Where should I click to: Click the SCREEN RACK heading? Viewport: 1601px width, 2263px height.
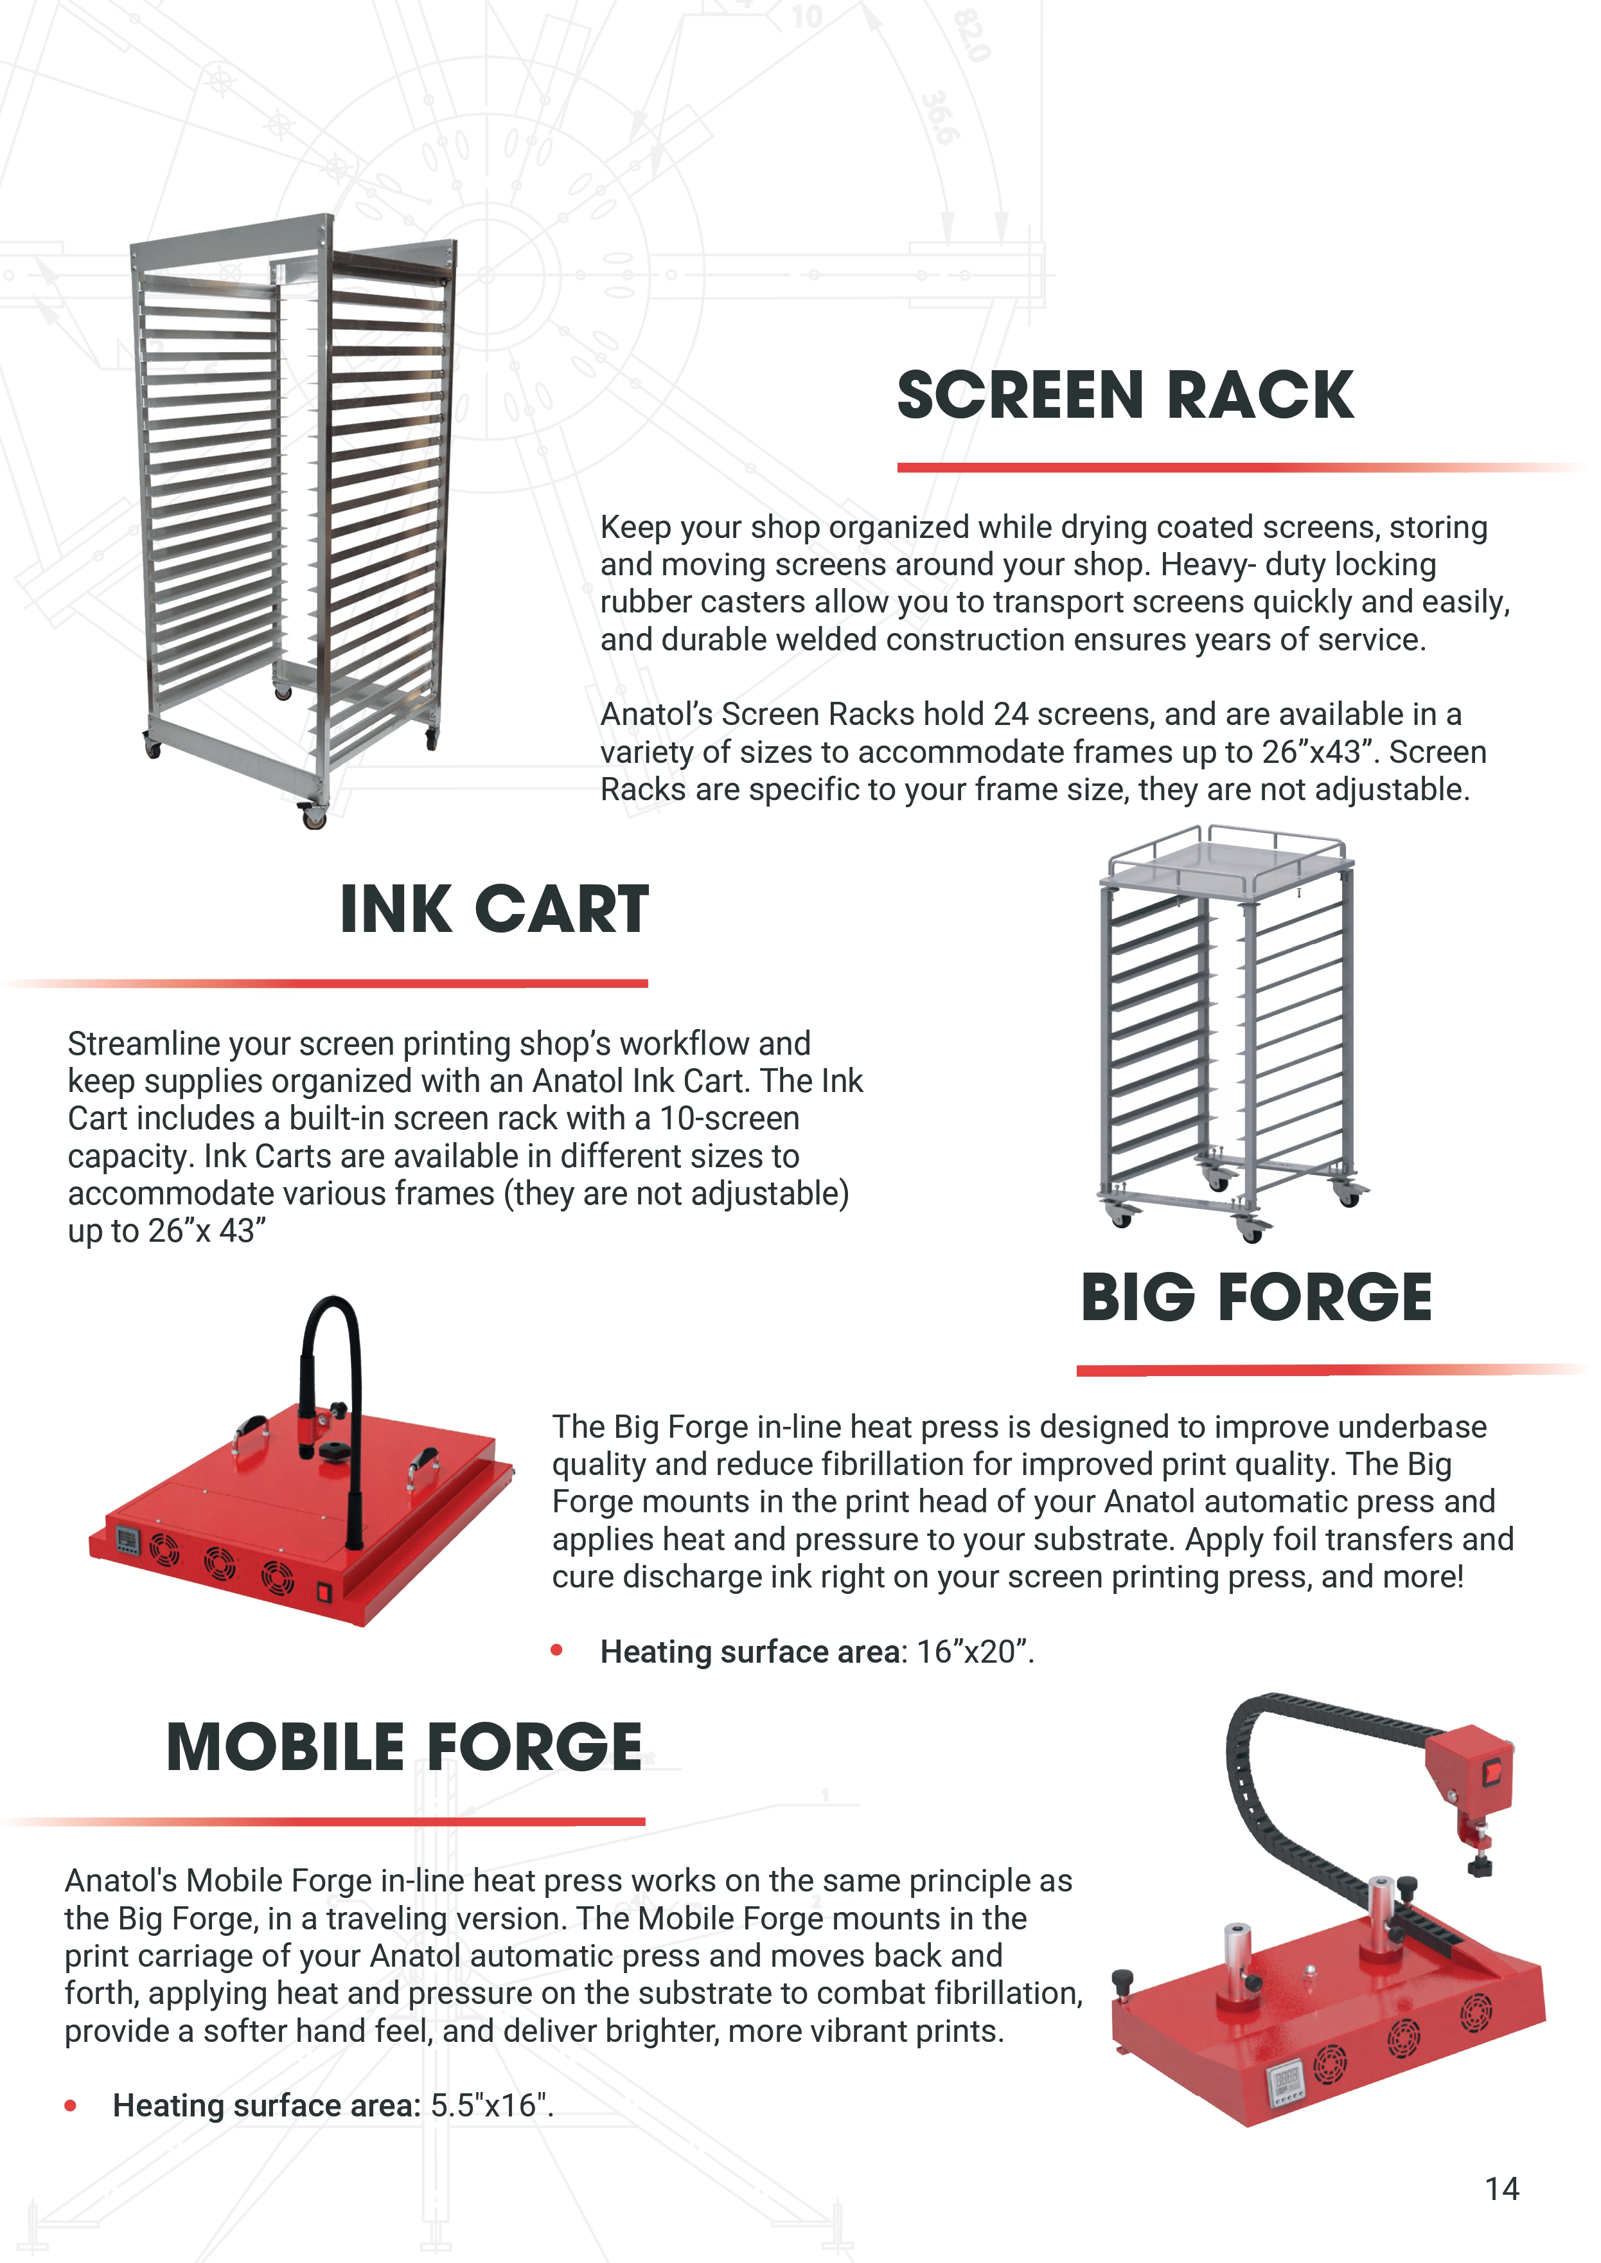[x=1125, y=395]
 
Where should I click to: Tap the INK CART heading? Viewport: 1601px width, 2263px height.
[x=494, y=909]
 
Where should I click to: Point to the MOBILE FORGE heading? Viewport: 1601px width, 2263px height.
[x=404, y=1748]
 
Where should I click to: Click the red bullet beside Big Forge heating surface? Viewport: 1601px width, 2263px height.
[x=557, y=1650]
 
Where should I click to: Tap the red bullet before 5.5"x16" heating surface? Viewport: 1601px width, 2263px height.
[x=70, y=2106]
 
